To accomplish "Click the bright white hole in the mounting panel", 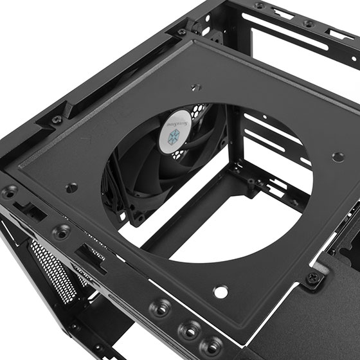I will coord(221,291).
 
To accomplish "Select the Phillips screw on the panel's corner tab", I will coord(314,278).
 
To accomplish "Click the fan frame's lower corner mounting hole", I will coord(139,217).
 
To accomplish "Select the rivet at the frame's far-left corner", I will coord(10,192).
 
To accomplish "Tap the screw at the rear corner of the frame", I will coord(182,32).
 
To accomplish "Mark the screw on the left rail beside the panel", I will coord(57,120).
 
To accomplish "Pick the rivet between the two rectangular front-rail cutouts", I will coord(61,232).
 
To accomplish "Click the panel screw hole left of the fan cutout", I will coord(72,188).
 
